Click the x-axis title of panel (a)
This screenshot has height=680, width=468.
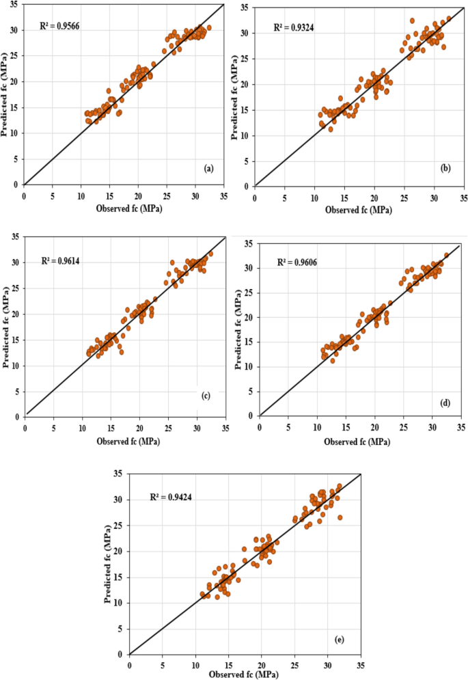(124, 198)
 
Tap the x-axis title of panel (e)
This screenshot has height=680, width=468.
(244, 674)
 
